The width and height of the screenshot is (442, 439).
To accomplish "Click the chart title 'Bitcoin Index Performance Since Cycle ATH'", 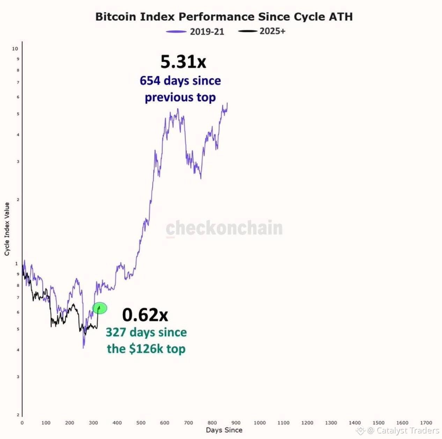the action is pyautogui.click(x=224, y=17).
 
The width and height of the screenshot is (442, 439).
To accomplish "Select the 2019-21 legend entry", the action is pyautogui.click(x=195, y=32).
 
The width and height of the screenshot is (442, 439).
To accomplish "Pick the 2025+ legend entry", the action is pyautogui.click(x=262, y=31).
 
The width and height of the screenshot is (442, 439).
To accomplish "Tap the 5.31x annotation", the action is pyautogui.click(x=183, y=62).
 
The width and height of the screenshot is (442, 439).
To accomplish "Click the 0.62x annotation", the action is pyautogui.click(x=145, y=315).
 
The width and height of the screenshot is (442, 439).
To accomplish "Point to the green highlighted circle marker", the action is pyautogui.click(x=100, y=308).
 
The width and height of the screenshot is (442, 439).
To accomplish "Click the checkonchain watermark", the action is pyautogui.click(x=224, y=228).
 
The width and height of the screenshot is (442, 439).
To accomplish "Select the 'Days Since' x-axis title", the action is pyautogui.click(x=224, y=430).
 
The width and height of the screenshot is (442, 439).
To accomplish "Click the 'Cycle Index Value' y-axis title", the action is pyautogui.click(x=7, y=229).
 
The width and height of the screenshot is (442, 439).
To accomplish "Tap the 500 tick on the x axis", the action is pyautogui.click(x=141, y=423).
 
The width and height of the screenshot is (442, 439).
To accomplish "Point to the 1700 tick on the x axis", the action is pyautogui.click(x=426, y=423).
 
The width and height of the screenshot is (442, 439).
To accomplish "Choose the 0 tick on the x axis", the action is pyautogui.click(x=22, y=423).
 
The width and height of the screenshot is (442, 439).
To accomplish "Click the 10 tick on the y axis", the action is pyautogui.click(x=15, y=49).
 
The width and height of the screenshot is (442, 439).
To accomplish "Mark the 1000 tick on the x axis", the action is pyautogui.click(x=260, y=423).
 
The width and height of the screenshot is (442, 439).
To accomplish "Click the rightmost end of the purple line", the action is pyautogui.click(x=227, y=103).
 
